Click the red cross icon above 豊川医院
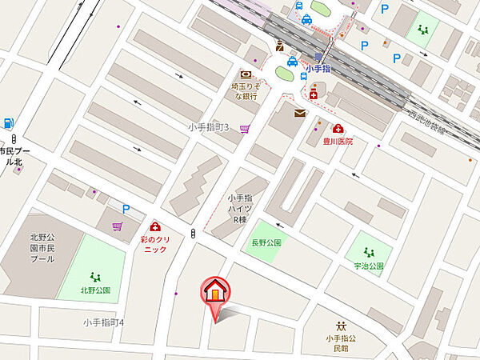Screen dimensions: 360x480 point(338,128)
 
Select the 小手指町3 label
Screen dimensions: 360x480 point(208,127)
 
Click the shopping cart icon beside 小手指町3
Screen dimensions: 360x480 point(244,127)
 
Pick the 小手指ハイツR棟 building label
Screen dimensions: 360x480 point(241,209)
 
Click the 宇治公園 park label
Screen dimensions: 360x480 point(368,266)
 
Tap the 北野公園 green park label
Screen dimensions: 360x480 point(94,290)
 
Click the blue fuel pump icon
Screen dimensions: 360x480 point(9,123)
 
